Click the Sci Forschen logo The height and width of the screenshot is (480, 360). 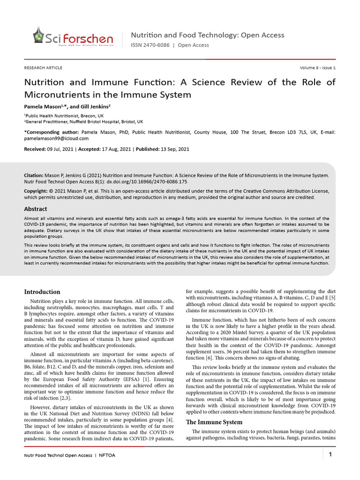pos(72,37)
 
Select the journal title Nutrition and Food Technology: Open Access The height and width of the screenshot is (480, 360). pos(207,35)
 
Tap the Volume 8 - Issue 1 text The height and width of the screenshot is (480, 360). pos(317,68)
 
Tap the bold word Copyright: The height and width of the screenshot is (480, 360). pos(36,191)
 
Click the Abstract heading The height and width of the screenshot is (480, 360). pos(36,209)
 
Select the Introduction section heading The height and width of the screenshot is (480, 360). pos(42,292)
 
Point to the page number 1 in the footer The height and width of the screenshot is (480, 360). pos(330,454)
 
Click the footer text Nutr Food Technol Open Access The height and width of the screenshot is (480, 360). pos(59,455)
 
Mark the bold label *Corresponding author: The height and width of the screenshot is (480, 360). pos(52,132)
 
